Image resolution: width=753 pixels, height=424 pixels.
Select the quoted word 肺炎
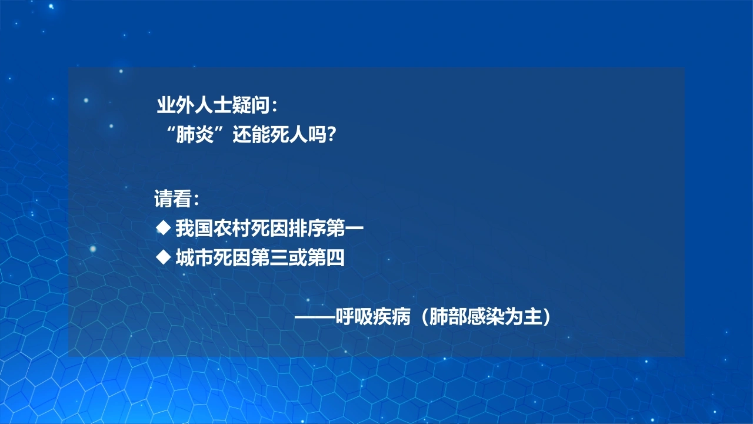click(x=195, y=135)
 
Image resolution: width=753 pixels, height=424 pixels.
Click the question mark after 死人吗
click(x=331, y=135)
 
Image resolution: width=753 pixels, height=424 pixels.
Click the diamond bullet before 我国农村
click(x=164, y=228)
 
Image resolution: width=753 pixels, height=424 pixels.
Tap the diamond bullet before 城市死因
click(x=164, y=257)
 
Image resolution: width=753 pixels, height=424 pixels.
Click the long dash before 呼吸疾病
click(x=315, y=317)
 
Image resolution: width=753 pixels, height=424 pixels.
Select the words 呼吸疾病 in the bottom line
click(x=373, y=317)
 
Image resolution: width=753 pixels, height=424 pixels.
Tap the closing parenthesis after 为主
click(x=547, y=317)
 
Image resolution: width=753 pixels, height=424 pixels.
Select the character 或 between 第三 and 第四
click(x=298, y=258)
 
